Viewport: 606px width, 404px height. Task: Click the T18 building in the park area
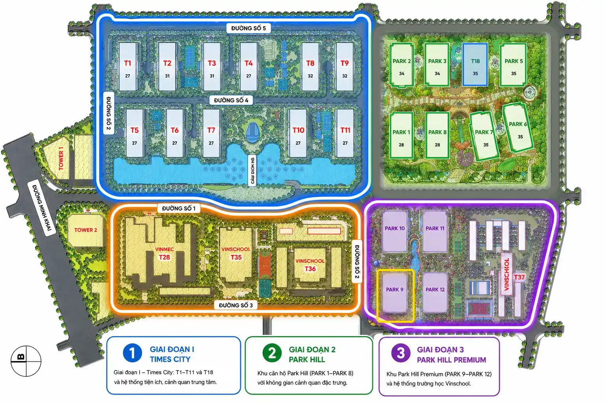pos(475,64)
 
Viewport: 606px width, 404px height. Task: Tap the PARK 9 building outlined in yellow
pos(395,292)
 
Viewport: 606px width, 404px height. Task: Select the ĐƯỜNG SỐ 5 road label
pos(248,28)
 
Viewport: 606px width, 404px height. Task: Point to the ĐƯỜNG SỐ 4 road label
pos(231,100)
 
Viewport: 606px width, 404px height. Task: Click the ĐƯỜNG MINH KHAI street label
pos(42,208)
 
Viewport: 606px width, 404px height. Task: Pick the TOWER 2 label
pos(86,230)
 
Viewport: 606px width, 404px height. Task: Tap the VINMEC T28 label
pos(165,253)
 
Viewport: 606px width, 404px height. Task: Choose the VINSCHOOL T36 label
pos(310,265)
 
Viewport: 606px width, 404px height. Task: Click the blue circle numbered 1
pos(132,353)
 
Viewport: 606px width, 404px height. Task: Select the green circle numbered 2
pos(272,353)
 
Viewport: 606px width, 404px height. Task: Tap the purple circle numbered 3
pos(401,353)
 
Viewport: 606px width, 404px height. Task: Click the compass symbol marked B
pos(26,361)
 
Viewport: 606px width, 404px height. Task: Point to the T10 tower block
pos(298,133)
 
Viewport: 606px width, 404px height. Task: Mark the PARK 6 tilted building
pos(518,128)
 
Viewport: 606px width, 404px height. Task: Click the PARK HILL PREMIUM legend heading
pos(451,360)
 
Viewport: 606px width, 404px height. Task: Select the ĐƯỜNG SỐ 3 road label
pos(236,305)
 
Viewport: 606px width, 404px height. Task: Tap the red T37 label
pos(519,277)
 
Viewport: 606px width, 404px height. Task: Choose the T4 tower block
pos(248,67)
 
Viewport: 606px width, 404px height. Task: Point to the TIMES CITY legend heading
pos(170,359)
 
